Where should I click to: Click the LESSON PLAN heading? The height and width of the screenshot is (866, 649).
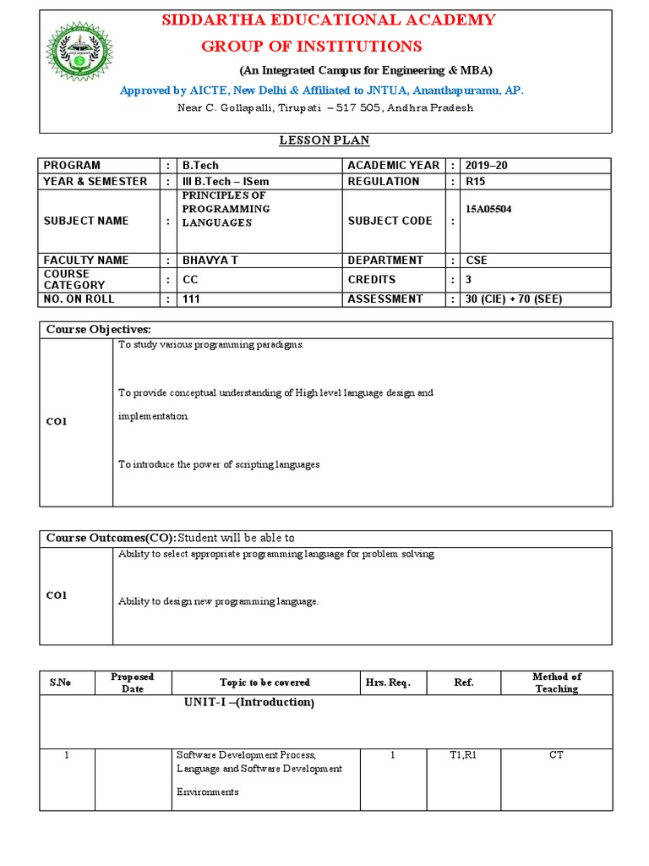coord(324,140)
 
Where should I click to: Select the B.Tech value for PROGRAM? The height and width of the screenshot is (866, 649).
coord(200,166)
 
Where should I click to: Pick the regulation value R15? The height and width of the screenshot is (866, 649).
coord(477,182)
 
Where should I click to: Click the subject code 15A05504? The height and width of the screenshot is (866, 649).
coord(489,209)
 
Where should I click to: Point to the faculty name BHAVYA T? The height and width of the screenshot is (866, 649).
coord(210,260)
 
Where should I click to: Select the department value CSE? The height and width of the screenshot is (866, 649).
coord(477,260)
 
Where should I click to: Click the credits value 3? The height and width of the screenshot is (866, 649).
coord(469,280)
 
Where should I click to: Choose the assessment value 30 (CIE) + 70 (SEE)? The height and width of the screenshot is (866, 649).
coord(514,299)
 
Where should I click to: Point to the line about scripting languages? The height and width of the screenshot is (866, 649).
coord(219,464)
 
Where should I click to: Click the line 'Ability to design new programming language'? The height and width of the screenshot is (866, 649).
coord(218,601)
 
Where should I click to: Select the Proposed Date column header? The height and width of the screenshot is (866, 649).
coord(133,682)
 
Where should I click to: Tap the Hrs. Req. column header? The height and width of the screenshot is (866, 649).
coord(388,682)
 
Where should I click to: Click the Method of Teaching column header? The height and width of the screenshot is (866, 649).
coord(556,682)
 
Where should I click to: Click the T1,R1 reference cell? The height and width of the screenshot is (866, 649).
coord(463,755)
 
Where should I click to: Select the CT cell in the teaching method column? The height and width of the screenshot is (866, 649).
coord(556,755)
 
